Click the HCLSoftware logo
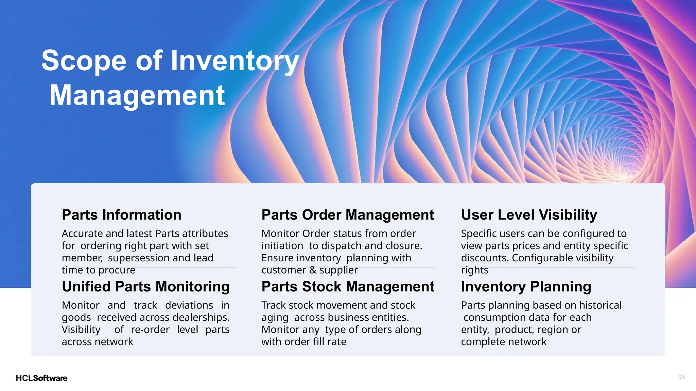[x=41, y=378]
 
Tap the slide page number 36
[x=681, y=377]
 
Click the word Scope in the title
[x=84, y=61]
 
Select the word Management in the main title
[x=137, y=96]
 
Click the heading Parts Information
[x=121, y=215]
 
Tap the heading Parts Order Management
[x=347, y=215]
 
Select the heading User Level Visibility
[x=529, y=215]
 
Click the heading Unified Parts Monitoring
[x=145, y=286]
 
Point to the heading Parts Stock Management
[x=348, y=286]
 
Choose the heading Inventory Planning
[x=526, y=286]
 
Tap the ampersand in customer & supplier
[x=313, y=270]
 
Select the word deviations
[x=189, y=305]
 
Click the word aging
[x=275, y=318]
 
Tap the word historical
[x=600, y=305]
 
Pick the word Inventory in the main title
[x=234, y=61]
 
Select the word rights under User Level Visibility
[x=474, y=270]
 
